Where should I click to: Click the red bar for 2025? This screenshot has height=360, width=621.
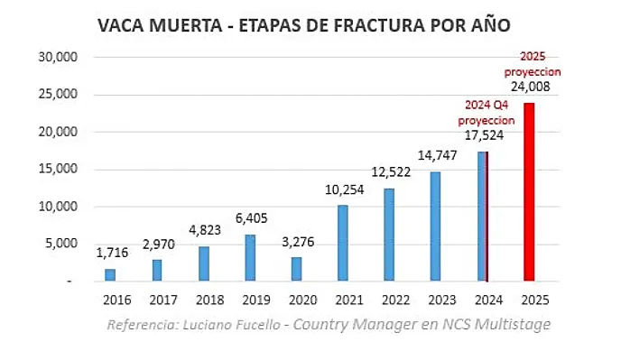[530, 192]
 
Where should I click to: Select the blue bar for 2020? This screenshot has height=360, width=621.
[297, 269]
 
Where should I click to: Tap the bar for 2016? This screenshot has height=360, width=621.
[110, 274]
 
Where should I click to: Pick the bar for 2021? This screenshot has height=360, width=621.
[343, 243]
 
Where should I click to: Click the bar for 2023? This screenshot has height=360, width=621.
[437, 226]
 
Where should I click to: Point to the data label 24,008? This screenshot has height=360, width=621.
[530, 88]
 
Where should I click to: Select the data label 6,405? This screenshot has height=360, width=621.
[250, 217]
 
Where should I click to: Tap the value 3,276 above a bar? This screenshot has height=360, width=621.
[297, 241]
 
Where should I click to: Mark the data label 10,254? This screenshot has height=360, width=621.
[343, 189]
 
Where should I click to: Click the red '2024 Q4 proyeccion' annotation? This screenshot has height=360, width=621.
[486, 113]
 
